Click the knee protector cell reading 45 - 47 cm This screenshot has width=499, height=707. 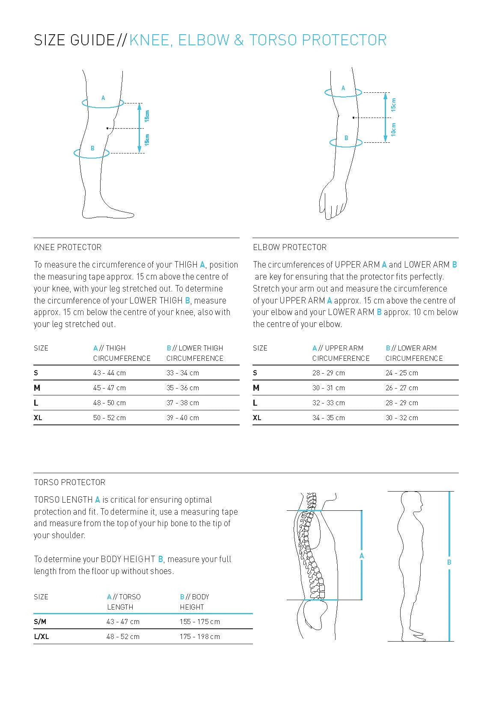coord(109,388)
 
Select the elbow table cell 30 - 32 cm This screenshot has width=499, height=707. coord(401,418)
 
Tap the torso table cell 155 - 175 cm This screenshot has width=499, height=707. coord(199,622)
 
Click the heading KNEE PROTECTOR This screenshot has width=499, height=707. coord(68,247)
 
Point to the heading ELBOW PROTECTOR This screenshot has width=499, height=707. coord(289,247)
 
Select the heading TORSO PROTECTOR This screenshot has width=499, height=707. coord(69,482)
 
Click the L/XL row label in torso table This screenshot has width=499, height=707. coord(41,636)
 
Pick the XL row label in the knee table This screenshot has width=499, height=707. coord(38,418)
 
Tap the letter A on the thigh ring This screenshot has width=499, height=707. coord(103,98)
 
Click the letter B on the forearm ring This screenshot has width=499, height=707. coord(346,138)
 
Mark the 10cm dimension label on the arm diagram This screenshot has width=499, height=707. coord(393,130)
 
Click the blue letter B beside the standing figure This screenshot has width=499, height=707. coord(449,562)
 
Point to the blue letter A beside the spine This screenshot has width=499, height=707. coord(362,556)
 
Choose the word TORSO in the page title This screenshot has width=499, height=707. coord(273,40)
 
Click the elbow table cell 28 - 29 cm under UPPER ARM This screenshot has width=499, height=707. coord(328,373)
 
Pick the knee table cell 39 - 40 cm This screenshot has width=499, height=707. coord(182,418)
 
